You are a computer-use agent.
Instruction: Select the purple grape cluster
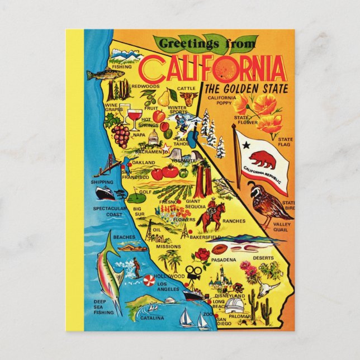click(x=121, y=134)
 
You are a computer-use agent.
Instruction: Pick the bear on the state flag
click(x=262, y=159)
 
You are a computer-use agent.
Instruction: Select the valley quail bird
click(x=262, y=204)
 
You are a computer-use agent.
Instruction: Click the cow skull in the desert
click(x=270, y=288)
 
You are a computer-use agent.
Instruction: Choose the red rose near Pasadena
click(x=202, y=255)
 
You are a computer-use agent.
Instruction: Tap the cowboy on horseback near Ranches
click(x=214, y=215)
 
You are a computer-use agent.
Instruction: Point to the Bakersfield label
click(x=205, y=237)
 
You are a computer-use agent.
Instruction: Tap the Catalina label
click(x=151, y=319)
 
